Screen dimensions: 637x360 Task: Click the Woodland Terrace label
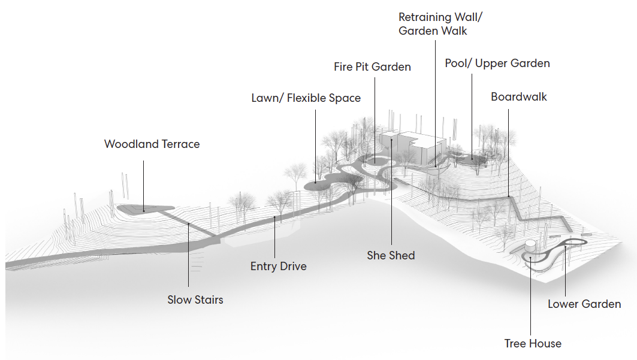point(152,144)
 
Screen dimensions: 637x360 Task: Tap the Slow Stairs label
point(195,300)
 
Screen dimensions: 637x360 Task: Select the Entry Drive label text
point(278,266)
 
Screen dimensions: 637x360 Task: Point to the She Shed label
point(391,255)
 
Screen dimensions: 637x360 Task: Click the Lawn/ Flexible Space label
point(306,98)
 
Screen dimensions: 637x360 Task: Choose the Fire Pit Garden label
point(372,66)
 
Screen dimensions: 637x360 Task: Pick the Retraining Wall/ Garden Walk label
point(440,23)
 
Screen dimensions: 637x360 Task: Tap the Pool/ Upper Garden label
point(497,63)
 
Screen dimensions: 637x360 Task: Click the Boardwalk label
point(519,96)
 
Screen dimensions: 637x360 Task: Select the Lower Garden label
point(584,304)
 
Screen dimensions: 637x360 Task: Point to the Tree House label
point(533,343)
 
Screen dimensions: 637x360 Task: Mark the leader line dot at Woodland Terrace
point(143,211)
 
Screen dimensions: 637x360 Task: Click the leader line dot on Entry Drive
point(274,218)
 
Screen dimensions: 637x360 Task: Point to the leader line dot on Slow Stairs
point(189,223)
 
